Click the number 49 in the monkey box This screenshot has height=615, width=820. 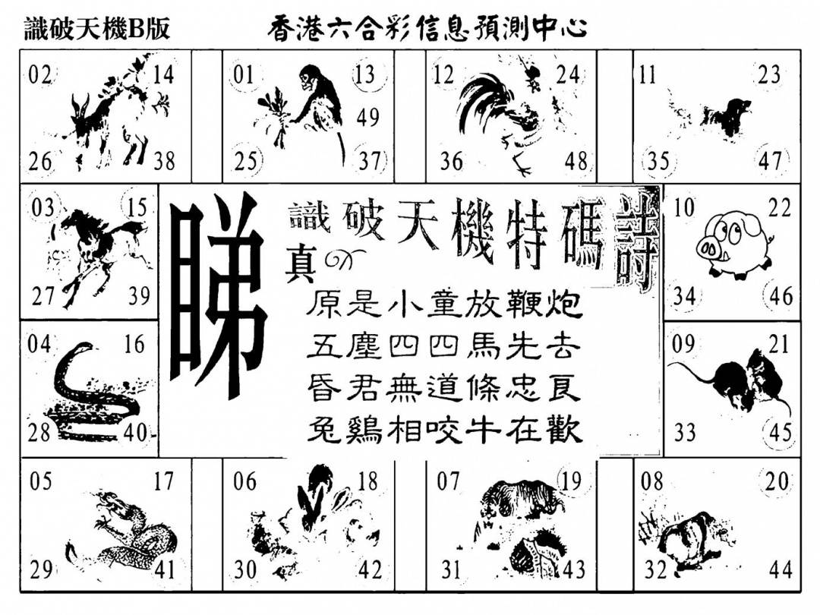367,116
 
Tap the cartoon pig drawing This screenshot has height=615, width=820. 733,243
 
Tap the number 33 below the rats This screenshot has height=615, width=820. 684,433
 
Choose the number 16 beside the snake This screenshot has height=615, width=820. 134,344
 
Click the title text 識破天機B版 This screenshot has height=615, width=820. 97,29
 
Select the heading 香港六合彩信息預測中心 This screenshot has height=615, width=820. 427,28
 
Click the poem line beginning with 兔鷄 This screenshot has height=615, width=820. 444,431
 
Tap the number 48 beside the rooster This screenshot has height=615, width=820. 576,161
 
